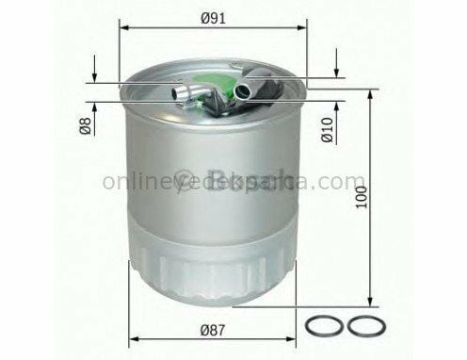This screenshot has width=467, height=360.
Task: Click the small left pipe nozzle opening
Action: point(174,92)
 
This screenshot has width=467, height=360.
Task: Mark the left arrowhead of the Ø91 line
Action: point(125,29)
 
